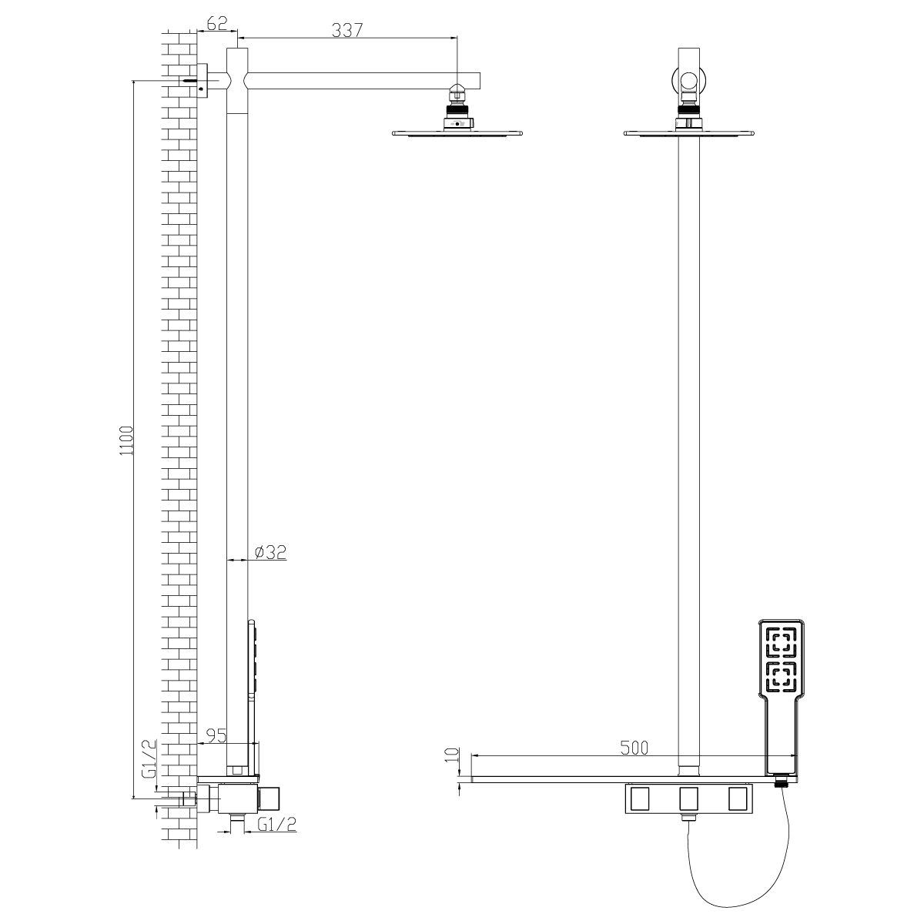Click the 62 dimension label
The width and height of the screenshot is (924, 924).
[216, 23]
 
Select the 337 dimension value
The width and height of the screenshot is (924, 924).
[347, 30]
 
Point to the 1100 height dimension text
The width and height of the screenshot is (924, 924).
[126, 440]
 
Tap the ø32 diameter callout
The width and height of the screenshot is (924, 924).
[270, 552]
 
